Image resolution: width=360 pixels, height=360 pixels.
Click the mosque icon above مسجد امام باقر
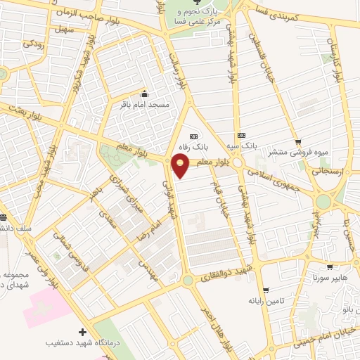tap(145, 94)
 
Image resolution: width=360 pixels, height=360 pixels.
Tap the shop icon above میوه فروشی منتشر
tap(298, 141)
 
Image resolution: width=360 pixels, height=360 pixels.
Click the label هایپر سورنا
tap(328, 278)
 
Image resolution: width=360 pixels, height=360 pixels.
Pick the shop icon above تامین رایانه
tap(265, 290)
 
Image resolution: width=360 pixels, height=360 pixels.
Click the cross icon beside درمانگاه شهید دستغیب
tap(83, 331)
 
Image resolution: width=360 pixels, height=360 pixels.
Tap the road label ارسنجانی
tap(324, 170)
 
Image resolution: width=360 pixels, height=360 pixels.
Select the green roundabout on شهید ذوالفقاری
tap(188, 280)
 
